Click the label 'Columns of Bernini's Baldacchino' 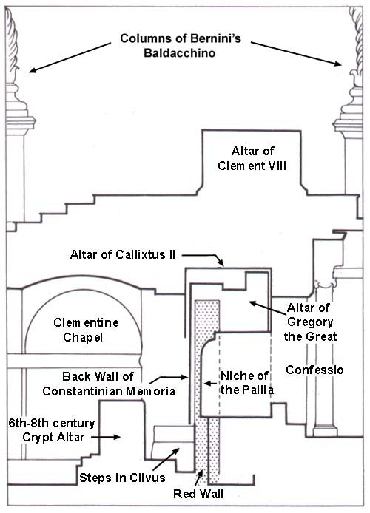click(x=181, y=46)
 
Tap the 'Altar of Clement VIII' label click(x=252, y=158)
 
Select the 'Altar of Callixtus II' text click(x=123, y=254)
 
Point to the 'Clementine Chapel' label click(x=86, y=330)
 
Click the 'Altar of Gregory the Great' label click(x=310, y=322)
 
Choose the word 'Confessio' click(x=314, y=370)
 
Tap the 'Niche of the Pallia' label click(x=247, y=383)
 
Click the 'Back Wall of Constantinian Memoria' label click(x=109, y=384)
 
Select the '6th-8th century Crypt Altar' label click(x=52, y=430)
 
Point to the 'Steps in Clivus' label click(x=122, y=478)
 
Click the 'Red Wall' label click(x=198, y=494)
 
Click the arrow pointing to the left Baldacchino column click(x=70, y=57)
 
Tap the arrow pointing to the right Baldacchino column click(x=296, y=54)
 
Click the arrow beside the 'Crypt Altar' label click(x=106, y=437)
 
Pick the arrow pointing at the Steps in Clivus click(x=166, y=459)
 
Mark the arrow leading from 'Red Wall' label click(x=198, y=478)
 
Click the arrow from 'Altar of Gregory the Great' click(x=268, y=308)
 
